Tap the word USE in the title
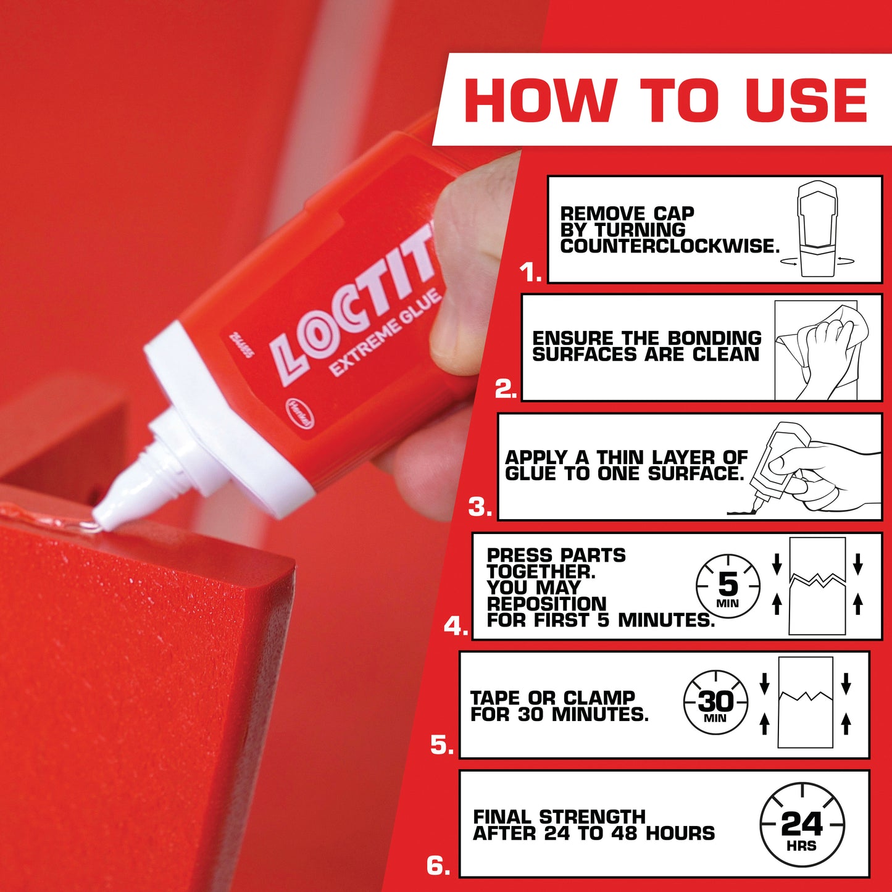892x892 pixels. tap(806, 100)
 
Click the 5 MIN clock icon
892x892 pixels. tap(728, 586)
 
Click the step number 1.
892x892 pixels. tap(530, 273)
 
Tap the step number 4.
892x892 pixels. tap(456, 627)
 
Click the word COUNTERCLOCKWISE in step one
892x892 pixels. tap(670, 246)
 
